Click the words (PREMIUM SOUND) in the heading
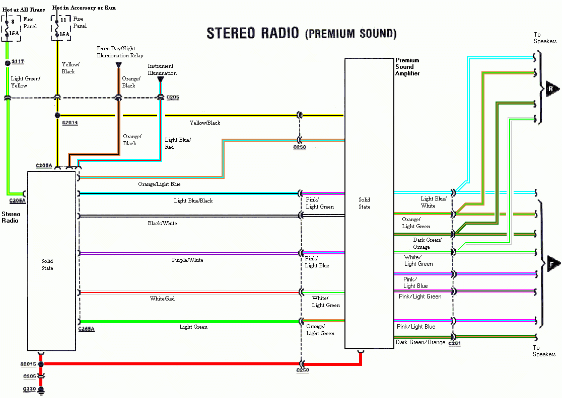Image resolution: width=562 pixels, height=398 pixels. pos(350,34)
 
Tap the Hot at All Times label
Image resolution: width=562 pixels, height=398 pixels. pos(24,9)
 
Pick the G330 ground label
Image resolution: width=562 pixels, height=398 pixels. pos(30,389)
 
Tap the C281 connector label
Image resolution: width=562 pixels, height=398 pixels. pos(454,344)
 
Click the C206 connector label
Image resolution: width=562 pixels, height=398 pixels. pos(173,97)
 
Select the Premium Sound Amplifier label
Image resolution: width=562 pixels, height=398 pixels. pos(407,67)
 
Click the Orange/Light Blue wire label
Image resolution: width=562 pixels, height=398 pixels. pos(159,184)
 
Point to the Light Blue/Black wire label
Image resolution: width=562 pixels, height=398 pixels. pos(193,201)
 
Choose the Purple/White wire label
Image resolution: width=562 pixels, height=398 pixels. pos(187,260)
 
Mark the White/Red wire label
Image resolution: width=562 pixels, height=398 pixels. pos(162,299)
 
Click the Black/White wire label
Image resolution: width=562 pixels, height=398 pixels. pos(162,223)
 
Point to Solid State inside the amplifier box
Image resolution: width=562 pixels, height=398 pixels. pos(365,203)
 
